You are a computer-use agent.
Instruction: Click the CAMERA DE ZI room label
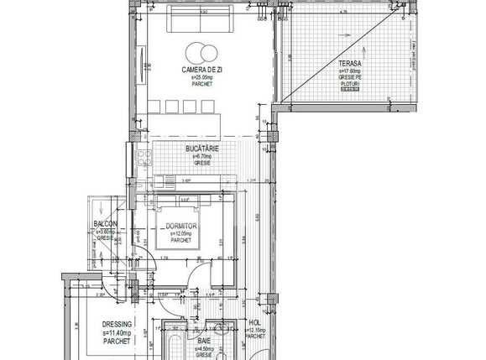coord(201,69)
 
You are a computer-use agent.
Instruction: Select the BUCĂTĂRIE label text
coord(202,149)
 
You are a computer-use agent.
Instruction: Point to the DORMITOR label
coord(181,227)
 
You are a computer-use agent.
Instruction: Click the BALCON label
coord(105,224)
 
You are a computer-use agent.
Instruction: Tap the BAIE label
coord(204,342)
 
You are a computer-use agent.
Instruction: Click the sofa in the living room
coord(202,18)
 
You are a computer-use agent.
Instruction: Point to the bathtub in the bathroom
coord(174,346)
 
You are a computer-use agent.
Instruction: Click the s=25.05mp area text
coord(201,76)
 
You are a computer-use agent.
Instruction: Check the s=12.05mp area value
coord(181,233)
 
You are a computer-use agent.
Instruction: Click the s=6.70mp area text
coord(202,156)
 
